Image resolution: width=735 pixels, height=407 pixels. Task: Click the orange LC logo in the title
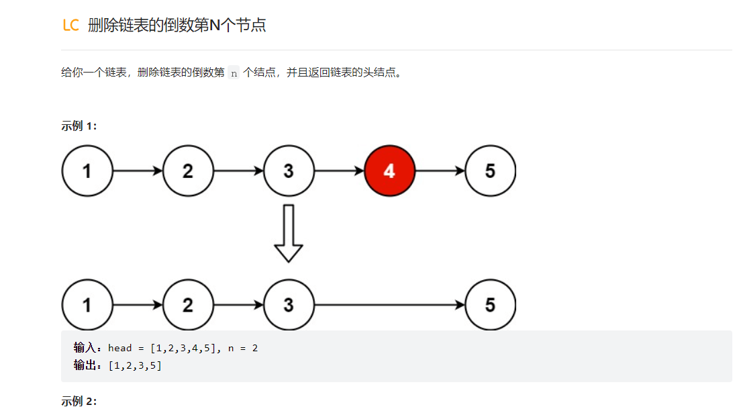pos(70,26)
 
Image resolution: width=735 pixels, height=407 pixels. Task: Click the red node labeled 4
pos(389,171)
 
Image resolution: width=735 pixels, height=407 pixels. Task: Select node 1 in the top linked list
pos(87,171)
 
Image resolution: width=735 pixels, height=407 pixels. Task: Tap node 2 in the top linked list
pos(188,171)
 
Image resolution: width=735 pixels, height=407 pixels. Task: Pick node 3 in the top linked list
pos(289,171)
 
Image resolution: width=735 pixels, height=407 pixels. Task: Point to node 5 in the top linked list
pos(490,171)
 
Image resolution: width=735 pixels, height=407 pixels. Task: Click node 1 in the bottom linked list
pos(87,305)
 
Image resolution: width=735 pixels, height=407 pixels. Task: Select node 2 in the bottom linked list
pos(188,305)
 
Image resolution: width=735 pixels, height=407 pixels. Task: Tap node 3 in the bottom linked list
pos(289,305)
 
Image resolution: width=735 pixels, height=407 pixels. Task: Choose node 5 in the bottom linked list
pos(490,305)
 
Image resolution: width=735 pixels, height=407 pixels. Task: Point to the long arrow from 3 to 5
pos(389,305)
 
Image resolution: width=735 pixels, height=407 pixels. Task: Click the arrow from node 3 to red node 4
pos(339,171)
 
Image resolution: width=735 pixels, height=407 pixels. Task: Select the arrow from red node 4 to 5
pos(440,171)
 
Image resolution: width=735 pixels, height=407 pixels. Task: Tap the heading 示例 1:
pos(79,126)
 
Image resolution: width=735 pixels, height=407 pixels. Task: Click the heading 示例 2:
pos(79,401)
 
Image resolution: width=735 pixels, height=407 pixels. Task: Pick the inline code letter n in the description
pos(234,73)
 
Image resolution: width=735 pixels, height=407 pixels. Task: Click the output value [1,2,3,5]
pos(134,365)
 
